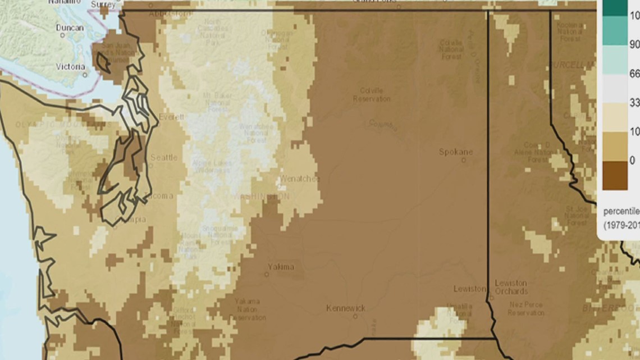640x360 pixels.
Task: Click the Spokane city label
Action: [456, 152]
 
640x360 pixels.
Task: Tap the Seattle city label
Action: [163, 158]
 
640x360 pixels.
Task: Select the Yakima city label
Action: [280, 266]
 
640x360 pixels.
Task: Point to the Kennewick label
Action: [346, 308]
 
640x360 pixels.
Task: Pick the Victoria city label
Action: [71, 66]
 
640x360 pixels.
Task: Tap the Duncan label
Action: [70, 28]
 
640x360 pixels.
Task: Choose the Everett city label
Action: [171, 117]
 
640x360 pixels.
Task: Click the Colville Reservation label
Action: [372, 94]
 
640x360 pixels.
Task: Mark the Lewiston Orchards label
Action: [511, 287]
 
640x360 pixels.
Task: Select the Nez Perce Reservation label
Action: [525, 308]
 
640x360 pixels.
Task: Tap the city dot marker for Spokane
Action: [464, 160]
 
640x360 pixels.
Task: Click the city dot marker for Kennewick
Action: [355, 316]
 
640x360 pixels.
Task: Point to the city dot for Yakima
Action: [266, 275]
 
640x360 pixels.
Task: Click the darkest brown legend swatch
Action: [615, 176]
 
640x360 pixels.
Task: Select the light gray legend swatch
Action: [615, 88]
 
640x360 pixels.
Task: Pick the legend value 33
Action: [634, 102]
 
